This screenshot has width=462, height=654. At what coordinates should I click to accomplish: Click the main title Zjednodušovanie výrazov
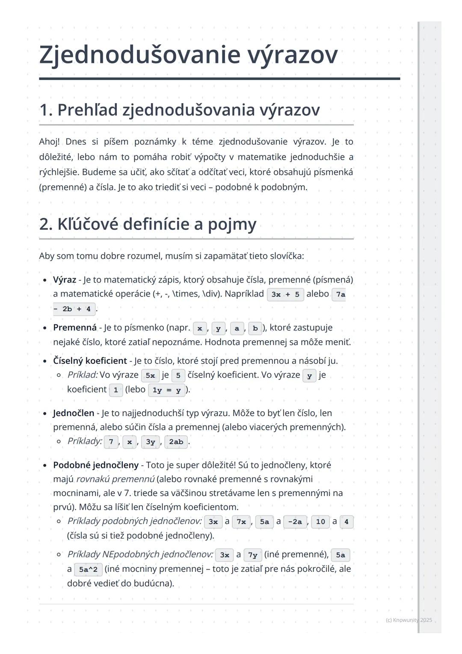(188, 55)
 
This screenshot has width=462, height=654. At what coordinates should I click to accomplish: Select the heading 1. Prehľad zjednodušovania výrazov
(179, 110)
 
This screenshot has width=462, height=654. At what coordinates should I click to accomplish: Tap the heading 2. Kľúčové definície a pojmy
(148, 224)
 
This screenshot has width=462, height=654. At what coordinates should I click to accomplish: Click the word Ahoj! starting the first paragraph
(49, 142)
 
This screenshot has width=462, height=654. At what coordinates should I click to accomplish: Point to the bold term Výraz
(64, 280)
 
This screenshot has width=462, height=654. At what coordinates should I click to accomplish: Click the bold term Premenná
(75, 328)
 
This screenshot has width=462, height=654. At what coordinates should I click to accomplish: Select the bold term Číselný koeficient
(90, 361)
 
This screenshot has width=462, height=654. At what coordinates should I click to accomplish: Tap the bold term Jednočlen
(74, 413)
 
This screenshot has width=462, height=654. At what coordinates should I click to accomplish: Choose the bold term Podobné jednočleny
(96, 465)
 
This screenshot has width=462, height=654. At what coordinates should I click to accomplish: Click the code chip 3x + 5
(285, 294)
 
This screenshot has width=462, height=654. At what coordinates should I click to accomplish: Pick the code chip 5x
(150, 375)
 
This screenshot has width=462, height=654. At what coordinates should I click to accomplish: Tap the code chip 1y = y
(166, 390)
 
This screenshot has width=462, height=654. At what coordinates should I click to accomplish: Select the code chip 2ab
(176, 442)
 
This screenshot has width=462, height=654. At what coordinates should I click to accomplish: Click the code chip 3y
(150, 442)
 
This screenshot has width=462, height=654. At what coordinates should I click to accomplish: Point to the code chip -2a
(295, 522)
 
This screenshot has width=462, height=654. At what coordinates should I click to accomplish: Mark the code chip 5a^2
(88, 570)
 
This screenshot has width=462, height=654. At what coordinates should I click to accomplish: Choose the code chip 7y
(252, 555)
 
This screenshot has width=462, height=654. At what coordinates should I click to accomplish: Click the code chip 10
(320, 522)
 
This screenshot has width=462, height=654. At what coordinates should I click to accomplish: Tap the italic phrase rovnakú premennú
(115, 479)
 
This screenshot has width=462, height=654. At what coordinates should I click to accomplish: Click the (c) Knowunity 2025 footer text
(409, 620)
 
